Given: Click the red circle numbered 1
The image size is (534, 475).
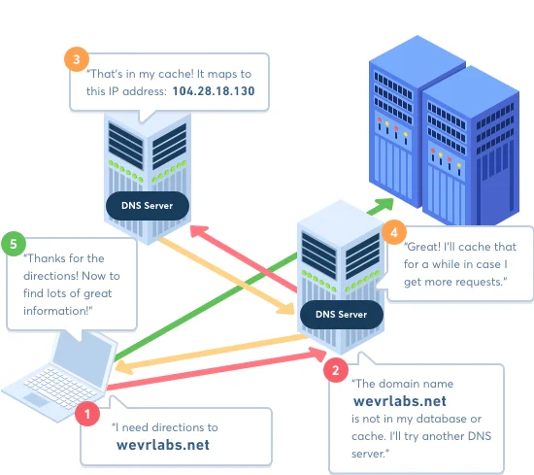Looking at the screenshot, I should [x=87, y=413].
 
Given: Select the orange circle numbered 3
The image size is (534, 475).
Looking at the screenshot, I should [x=77, y=59].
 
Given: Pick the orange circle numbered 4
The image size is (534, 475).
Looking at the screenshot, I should [x=393, y=232].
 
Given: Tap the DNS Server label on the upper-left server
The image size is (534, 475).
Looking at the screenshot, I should [x=148, y=205].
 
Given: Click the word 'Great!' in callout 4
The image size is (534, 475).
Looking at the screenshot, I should [x=424, y=246].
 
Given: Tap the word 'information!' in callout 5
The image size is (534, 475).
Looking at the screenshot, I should [x=62, y=311].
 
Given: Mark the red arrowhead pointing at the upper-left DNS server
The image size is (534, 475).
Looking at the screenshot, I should [x=194, y=231].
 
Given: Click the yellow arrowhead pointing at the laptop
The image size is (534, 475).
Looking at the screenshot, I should [x=119, y=366].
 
